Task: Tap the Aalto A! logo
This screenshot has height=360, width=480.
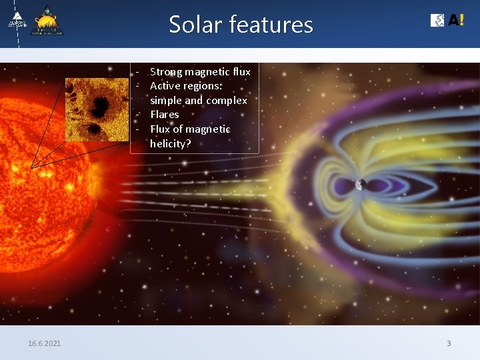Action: click(456, 21)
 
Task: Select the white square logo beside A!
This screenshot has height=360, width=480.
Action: click(437, 21)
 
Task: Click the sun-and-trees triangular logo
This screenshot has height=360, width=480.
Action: click(49, 21)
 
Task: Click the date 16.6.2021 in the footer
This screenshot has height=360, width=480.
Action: click(44, 343)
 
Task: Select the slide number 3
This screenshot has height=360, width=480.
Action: click(449, 343)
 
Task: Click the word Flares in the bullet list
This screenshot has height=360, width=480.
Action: click(164, 115)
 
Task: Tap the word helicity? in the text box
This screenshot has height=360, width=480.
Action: click(170, 143)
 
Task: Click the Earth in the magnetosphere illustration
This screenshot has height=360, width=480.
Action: click(361, 184)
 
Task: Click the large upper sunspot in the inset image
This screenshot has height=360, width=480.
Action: click(101, 103)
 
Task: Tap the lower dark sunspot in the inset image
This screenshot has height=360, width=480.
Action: click(95, 128)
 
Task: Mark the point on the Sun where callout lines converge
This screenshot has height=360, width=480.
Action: click(31, 167)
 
